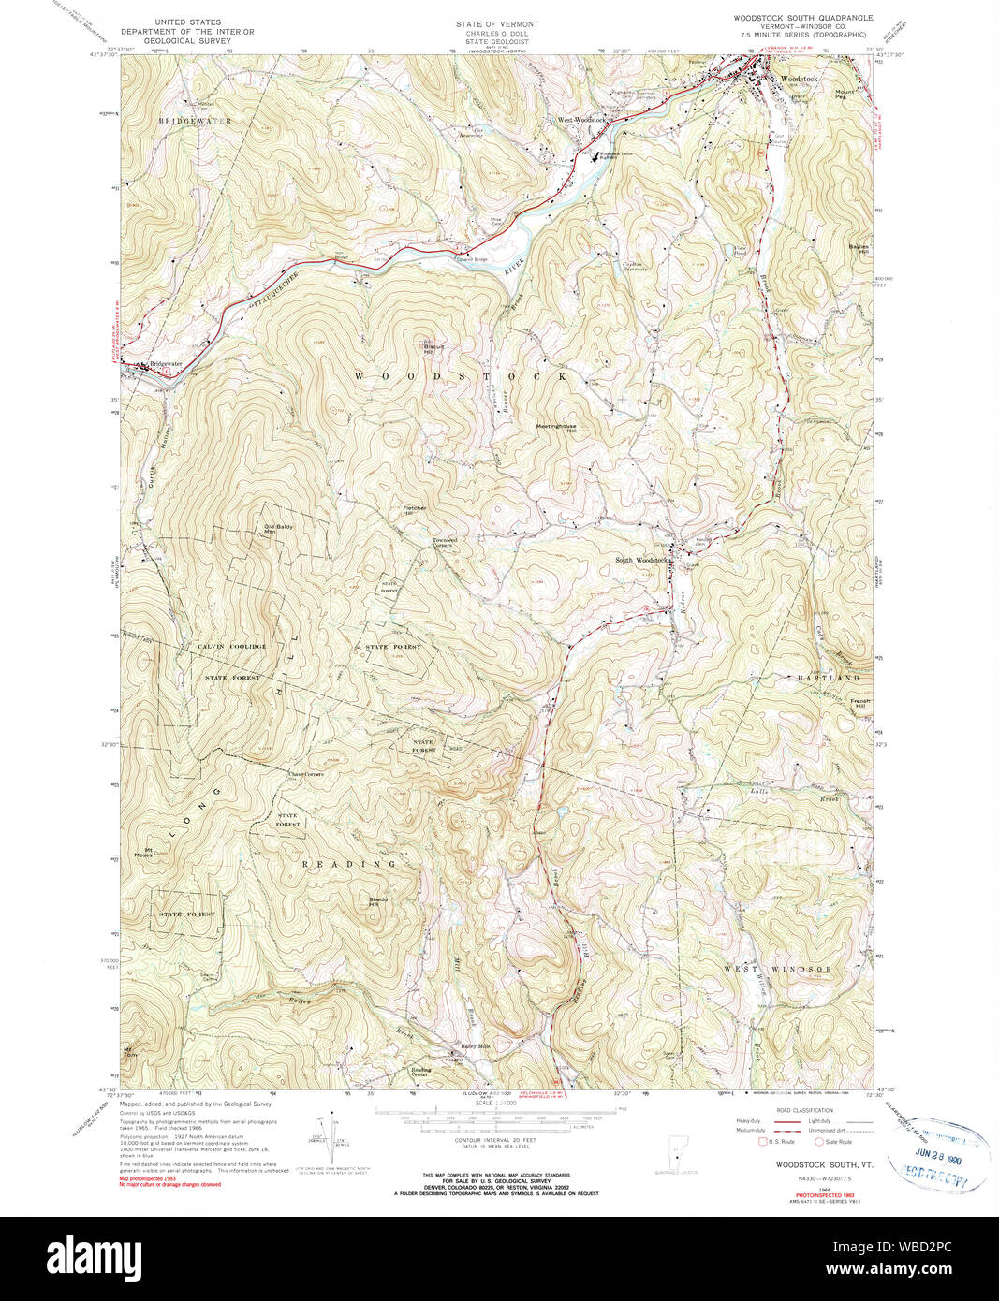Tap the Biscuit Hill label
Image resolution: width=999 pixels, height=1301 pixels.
click(x=430, y=346)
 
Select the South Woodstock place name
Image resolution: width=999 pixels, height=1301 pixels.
click(x=640, y=561)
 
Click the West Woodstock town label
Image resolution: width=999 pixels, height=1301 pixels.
click(x=582, y=120)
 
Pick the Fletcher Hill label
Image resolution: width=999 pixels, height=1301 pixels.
click(x=415, y=511)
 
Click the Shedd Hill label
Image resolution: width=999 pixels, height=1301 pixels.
click(x=378, y=901)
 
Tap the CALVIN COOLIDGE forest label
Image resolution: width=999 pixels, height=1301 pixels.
click(x=231, y=647)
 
